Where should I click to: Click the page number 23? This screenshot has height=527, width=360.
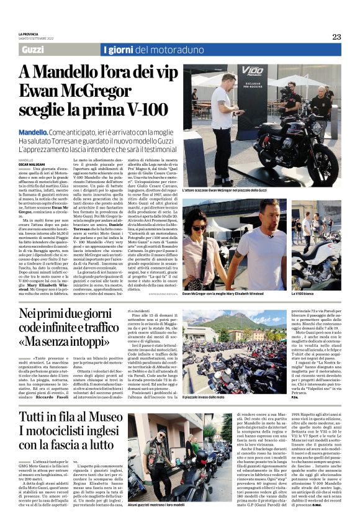click(336, 37)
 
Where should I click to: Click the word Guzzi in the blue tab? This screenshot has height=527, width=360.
click(32, 50)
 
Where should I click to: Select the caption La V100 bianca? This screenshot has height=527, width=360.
click(302, 293)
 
